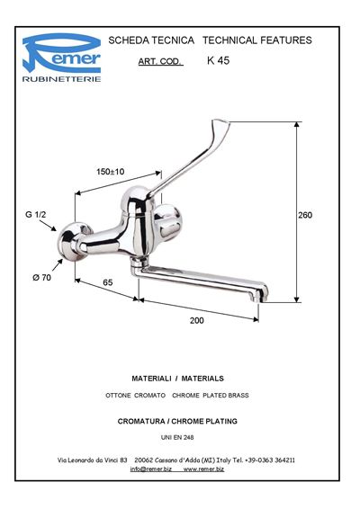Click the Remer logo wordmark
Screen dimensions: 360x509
(61, 54)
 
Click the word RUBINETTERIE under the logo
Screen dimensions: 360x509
(61, 79)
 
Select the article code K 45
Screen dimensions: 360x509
(218, 60)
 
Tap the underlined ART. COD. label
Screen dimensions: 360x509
(160, 61)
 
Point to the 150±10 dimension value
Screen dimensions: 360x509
(110, 172)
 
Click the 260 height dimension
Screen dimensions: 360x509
(305, 215)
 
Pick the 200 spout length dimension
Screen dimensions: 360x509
(197, 320)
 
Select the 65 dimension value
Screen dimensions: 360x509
(108, 282)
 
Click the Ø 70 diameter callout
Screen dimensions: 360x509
(42, 278)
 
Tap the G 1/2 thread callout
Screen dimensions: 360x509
(36, 215)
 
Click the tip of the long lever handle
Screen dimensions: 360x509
(221, 122)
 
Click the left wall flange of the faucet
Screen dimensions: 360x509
(70, 242)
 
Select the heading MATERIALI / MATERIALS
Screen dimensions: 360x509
(177, 379)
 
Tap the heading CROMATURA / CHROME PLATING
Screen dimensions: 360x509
(177, 422)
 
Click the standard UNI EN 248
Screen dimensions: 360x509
(177, 438)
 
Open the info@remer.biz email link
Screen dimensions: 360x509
(151, 469)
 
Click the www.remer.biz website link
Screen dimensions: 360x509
(203, 469)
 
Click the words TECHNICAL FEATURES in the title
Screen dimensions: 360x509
(257, 40)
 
